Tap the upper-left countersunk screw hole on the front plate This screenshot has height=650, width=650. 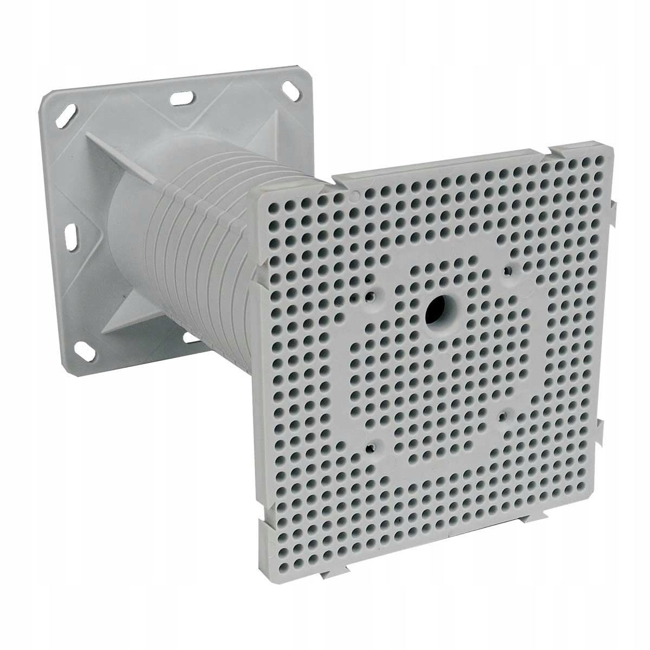pos(371,297)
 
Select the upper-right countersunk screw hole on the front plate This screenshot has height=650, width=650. pos(508,269)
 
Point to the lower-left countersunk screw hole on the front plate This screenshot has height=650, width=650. pos(370,447)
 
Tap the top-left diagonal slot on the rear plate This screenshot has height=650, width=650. pos(69,116)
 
